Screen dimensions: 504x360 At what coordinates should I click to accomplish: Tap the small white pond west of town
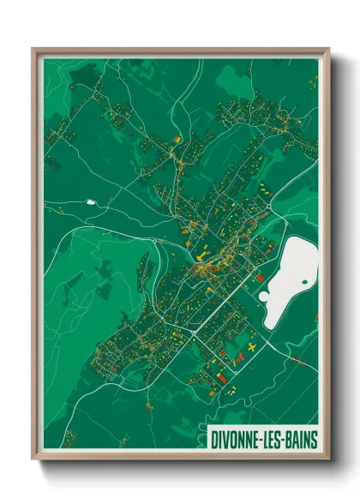(x=90, y=202)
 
